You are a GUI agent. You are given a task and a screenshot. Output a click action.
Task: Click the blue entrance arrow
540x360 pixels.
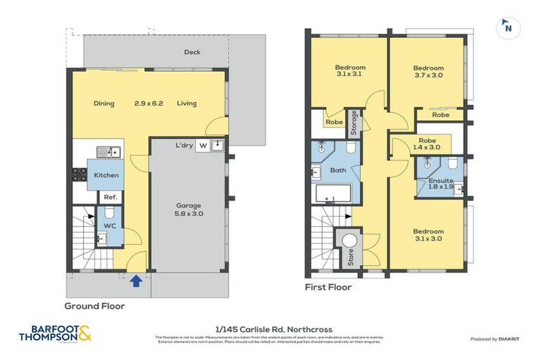click(x=136, y=281)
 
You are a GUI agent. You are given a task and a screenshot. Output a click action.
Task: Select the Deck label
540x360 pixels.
click(x=192, y=52)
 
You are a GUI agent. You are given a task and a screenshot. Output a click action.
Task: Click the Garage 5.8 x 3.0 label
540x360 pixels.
click(x=188, y=210)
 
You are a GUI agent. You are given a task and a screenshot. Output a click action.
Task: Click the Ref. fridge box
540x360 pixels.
click(x=110, y=198)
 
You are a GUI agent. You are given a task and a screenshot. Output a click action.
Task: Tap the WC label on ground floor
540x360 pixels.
click(x=110, y=226)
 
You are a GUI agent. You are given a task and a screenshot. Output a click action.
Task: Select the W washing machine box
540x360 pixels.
click(x=202, y=146)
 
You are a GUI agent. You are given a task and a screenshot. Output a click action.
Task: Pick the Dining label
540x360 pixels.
click(x=104, y=103)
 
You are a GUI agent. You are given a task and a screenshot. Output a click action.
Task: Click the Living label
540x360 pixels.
click(x=186, y=103)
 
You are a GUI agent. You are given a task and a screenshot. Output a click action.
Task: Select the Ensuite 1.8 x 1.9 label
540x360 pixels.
click(x=441, y=184)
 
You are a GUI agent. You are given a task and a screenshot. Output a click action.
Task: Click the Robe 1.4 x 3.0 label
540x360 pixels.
click(x=428, y=144)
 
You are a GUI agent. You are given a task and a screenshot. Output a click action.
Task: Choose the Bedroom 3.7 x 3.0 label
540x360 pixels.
click(x=428, y=72)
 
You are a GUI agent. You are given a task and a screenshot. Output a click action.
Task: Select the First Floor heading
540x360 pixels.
click(x=328, y=288)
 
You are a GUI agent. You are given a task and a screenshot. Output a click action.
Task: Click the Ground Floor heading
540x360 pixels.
click(x=94, y=306)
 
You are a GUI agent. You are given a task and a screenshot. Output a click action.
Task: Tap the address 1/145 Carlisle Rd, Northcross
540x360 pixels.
click(x=273, y=329)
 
